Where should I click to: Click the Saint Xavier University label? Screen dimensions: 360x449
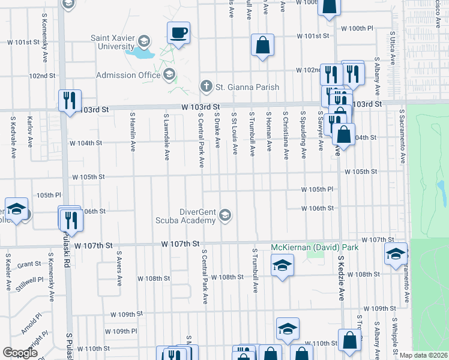(112, 41)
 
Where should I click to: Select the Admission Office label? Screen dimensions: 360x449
(128, 75)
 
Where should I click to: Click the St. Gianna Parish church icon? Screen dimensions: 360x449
(206, 86)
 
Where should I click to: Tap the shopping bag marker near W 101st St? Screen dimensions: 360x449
(263, 44)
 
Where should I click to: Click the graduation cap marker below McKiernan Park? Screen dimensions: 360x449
(281, 265)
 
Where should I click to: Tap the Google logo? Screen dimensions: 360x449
(20, 353)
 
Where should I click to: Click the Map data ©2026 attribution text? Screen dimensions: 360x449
(423, 355)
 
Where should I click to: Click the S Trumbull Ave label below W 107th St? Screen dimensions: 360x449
(255, 271)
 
